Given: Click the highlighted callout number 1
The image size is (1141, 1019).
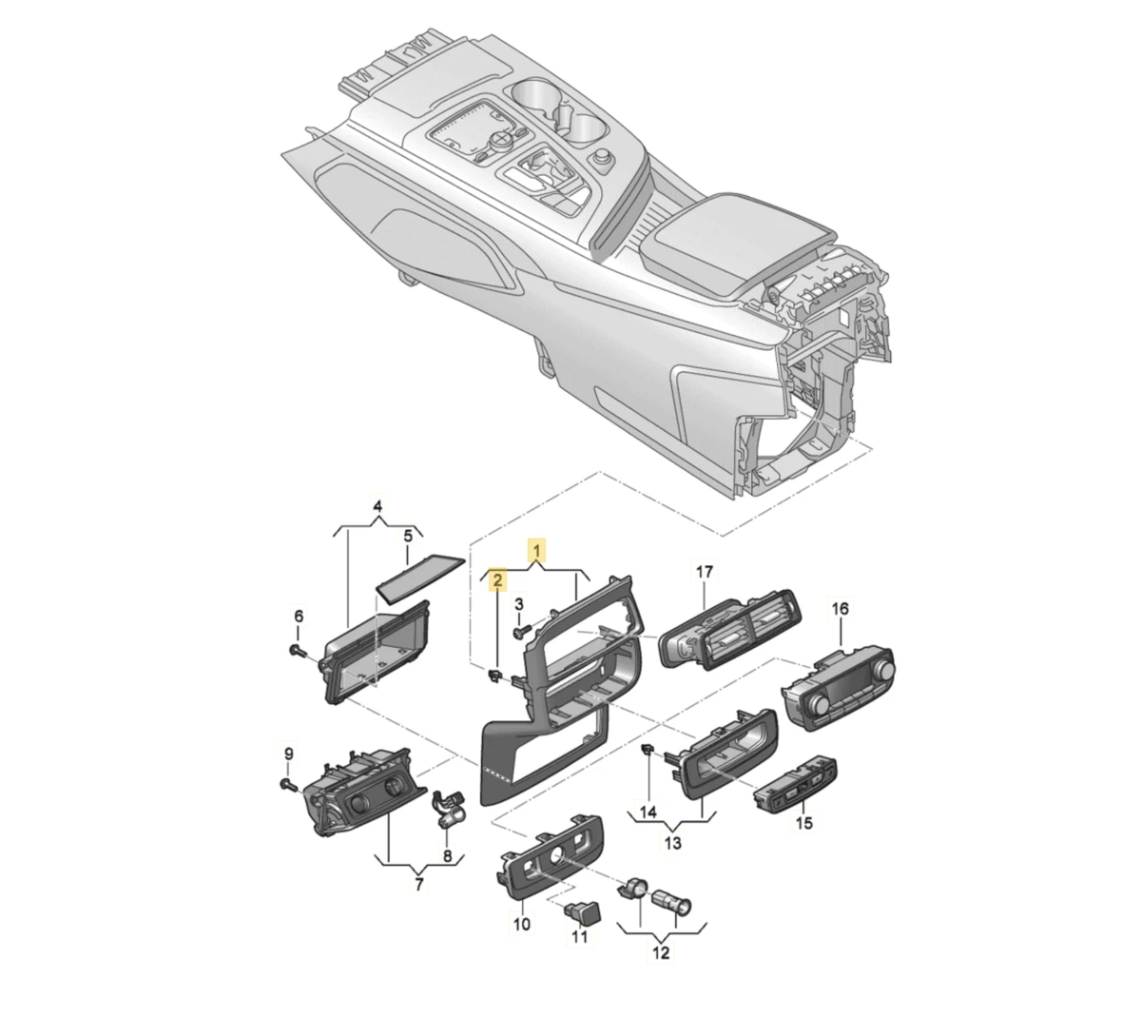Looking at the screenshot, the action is coord(536,550).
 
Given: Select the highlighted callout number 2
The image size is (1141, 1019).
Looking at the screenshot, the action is coord(497,578).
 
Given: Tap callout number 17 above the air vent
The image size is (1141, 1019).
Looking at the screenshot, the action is coord(705,572).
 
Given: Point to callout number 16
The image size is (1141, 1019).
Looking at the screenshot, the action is coord(840,609).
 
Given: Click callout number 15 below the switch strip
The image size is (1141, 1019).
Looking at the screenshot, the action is coord(804,823).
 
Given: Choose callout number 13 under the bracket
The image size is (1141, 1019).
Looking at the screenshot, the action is coord(673,843).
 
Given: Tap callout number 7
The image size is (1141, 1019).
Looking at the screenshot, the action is coord(418,884).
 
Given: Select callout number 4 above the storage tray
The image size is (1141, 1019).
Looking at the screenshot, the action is coord(377,506).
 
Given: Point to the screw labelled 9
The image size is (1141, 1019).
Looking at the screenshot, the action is coord(288,784).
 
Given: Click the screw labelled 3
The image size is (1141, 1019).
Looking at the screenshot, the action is coord(520,634).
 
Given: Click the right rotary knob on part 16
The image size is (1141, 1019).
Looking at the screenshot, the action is coord(883,670).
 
